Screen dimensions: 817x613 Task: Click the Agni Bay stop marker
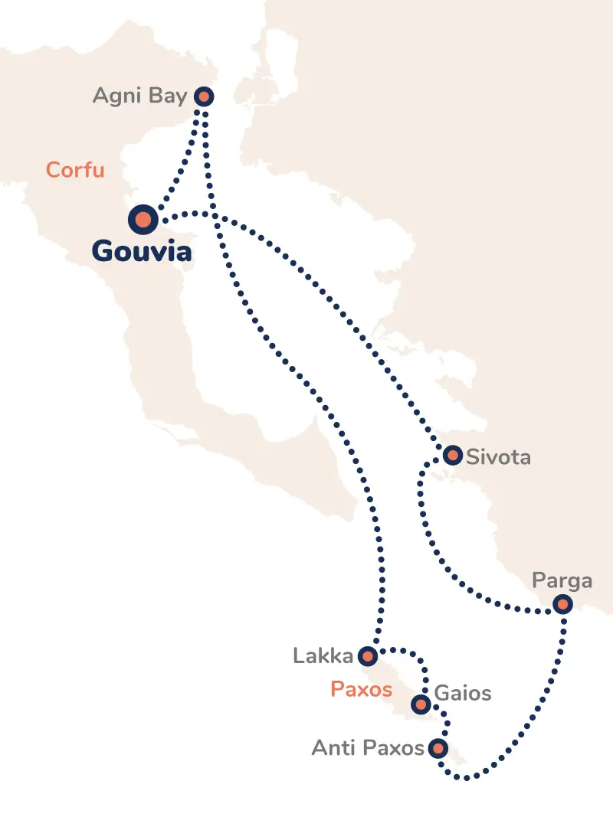pos(203,96)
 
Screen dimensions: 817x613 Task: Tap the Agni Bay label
pos(139,96)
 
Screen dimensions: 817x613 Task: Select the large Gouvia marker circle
pos(143,221)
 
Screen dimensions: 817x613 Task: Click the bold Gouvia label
pos(142,251)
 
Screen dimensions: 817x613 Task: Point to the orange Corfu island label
pos(75,169)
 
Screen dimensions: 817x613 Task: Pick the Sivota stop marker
pos(453,456)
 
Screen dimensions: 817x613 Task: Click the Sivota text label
pos(498,458)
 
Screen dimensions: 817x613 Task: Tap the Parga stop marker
pos(562,605)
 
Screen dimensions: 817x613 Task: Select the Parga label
pos(562,580)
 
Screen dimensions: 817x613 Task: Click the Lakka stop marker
pos(368,656)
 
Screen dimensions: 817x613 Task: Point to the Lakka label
pos(323,656)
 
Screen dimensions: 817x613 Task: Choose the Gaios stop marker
pos(420,704)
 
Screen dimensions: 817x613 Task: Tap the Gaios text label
pos(463,694)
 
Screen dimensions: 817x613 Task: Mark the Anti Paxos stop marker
pos(438,747)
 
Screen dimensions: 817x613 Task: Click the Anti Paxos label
pos(368,748)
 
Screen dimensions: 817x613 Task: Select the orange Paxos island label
pos(361,689)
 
